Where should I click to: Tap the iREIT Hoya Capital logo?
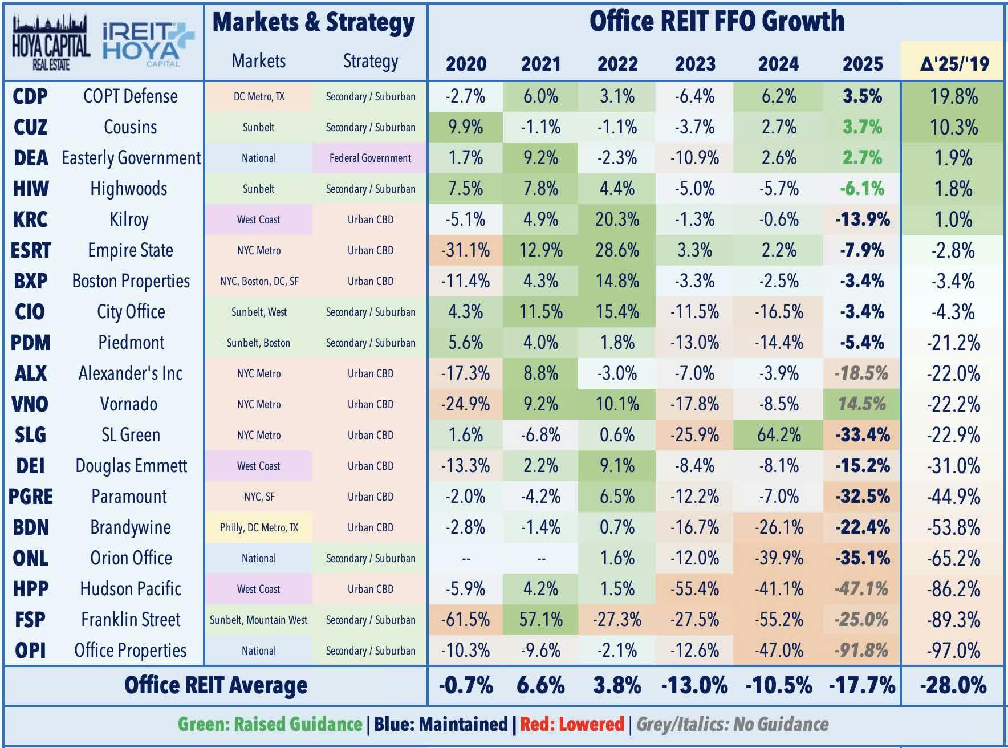tap(147, 43)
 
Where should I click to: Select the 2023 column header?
tap(694, 63)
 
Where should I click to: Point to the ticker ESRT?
tap(31, 250)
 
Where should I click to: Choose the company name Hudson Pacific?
tap(131, 589)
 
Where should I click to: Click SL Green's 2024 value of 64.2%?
tap(778, 435)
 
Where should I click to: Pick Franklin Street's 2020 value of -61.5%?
tap(465, 620)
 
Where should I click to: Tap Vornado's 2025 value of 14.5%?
tap(861, 404)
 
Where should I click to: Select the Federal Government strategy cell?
tap(370, 158)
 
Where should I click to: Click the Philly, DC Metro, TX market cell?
tap(259, 527)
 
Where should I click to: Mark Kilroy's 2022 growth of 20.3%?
tap(617, 219)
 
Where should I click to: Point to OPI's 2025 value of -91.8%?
tap(861, 651)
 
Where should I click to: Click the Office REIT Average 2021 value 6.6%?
tap(540, 685)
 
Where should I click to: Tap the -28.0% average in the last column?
tap(953, 685)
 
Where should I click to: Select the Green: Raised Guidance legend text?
tap(270, 725)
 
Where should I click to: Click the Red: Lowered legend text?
tap(572, 725)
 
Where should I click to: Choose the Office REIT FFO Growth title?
tap(716, 22)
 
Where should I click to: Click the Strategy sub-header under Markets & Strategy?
tap(370, 61)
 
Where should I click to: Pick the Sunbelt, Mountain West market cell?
tap(259, 620)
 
